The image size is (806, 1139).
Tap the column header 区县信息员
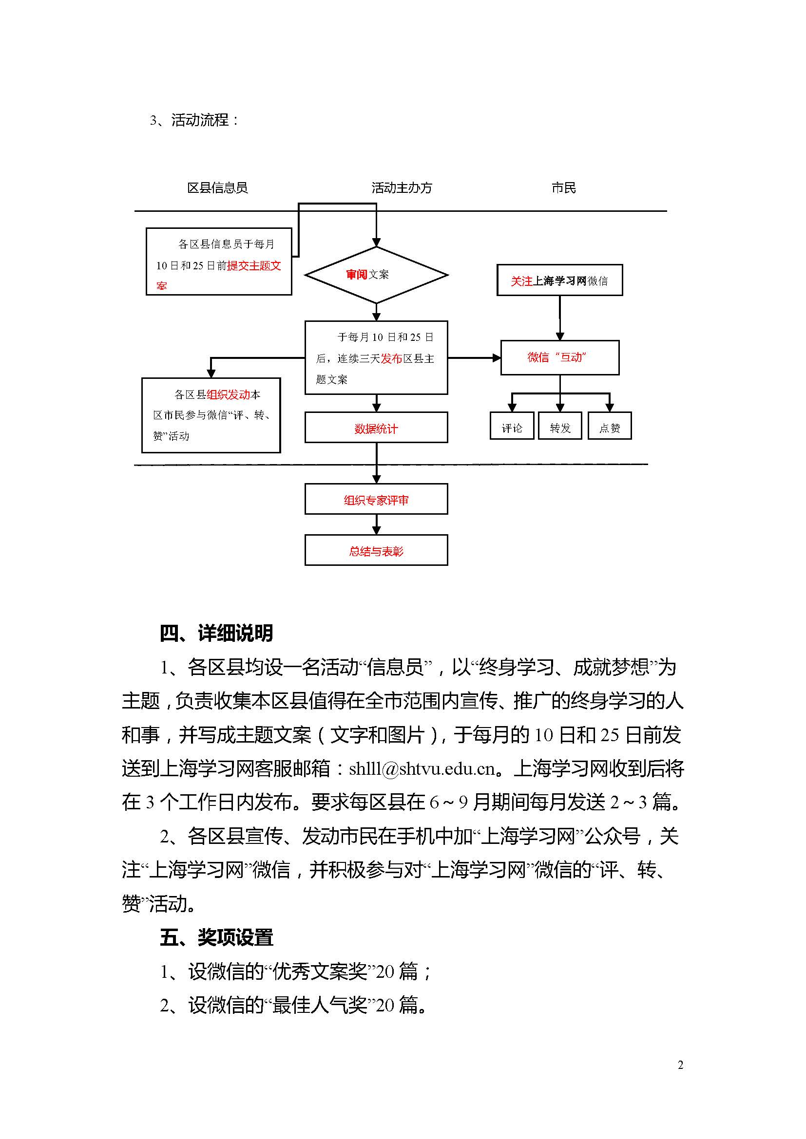(217, 188)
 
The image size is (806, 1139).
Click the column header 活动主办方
(402, 188)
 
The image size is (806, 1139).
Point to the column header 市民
(564, 188)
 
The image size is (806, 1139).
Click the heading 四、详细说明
(216, 634)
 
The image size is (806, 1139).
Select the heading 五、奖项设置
(216, 937)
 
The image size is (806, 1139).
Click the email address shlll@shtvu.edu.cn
(422, 769)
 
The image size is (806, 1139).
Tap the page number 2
(680, 1065)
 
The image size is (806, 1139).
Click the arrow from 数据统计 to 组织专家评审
(376, 463)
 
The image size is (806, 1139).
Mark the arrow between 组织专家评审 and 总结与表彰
(376, 524)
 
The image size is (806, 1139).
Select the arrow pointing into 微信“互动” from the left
(474, 358)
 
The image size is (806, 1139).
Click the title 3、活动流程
(194, 120)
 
